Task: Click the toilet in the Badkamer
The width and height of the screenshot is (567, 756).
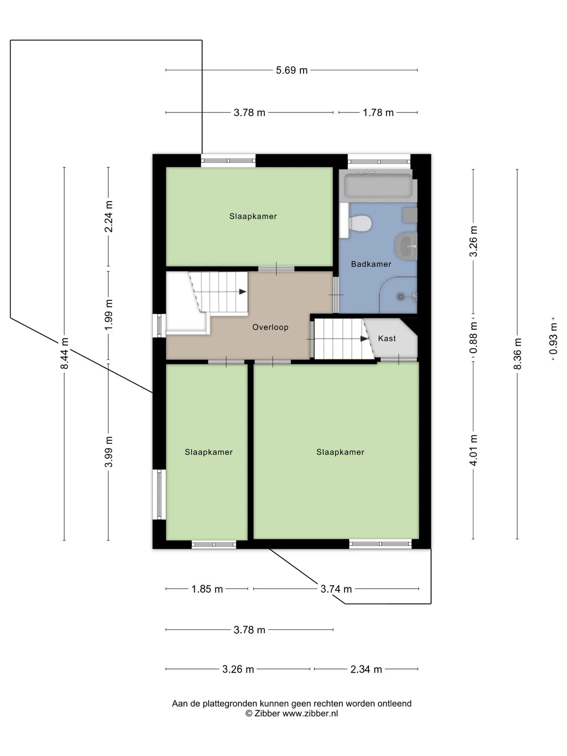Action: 360,224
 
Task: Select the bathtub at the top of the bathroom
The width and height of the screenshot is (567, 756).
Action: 378,185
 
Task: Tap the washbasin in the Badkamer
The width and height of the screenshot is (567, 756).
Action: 406,246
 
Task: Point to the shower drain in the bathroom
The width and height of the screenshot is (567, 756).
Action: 401,296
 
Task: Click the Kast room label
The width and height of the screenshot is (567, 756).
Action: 387,338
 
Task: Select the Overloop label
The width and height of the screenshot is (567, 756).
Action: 270,327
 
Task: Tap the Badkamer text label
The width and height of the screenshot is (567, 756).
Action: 371,264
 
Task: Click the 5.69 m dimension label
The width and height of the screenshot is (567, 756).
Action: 291,70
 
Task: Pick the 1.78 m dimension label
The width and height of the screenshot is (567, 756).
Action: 378,113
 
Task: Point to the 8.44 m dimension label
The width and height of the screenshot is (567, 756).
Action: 65,353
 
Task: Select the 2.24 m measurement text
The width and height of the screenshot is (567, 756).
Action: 109,216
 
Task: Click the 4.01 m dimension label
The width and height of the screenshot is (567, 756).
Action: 473,450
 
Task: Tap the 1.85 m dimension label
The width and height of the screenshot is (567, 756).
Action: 207,589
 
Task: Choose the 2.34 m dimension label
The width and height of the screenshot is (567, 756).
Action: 366,669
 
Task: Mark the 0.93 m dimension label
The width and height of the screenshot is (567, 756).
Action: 554,339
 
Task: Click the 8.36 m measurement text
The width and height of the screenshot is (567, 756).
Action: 517,354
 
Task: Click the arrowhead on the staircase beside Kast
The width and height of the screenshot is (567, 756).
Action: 364,339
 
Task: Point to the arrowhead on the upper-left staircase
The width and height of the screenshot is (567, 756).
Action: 243,292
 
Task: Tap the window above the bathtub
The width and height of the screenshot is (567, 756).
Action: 379,161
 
